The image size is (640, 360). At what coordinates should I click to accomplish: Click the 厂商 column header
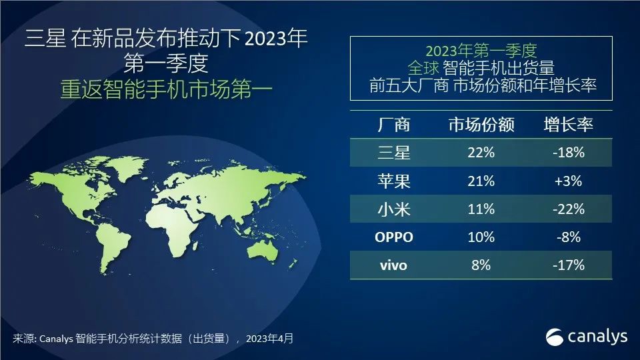[x=393, y=125]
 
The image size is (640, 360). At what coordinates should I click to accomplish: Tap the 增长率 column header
[x=568, y=125]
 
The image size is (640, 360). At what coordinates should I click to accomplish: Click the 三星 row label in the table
[x=393, y=153]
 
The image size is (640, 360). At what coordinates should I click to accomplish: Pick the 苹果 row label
[x=393, y=181]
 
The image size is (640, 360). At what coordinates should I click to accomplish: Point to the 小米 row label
[x=393, y=209]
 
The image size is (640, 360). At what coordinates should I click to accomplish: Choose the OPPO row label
[x=393, y=237]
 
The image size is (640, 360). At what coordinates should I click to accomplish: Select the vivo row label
[x=393, y=265]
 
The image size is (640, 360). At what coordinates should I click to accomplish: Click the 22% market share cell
[x=480, y=153]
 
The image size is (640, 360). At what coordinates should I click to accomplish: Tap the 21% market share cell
[x=480, y=181]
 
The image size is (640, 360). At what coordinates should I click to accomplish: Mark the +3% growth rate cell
[x=569, y=181]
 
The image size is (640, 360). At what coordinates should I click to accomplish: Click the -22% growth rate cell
[x=569, y=209]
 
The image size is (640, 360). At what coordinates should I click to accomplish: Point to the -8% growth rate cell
[x=569, y=237]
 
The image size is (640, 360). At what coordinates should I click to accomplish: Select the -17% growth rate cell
[x=569, y=265]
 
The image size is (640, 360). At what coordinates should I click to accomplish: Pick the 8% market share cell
[x=480, y=265]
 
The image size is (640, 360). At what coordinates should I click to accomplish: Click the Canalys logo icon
[x=555, y=336]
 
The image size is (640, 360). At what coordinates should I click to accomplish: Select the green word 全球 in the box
[x=425, y=67]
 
